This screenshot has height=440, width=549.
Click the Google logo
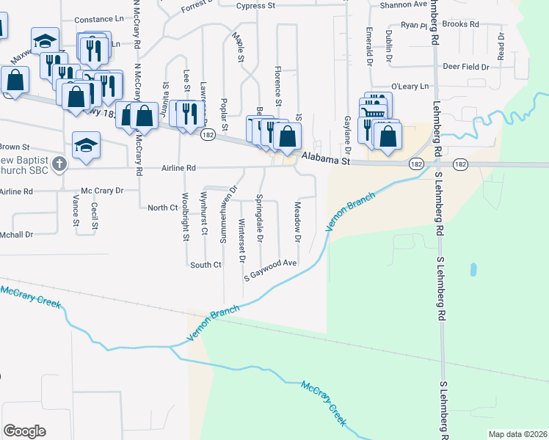click(24, 431)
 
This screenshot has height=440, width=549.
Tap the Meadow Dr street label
click(298, 223)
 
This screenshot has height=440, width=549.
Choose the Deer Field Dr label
click(465, 67)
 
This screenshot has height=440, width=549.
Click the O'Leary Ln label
click(410, 87)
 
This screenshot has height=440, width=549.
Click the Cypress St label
click(255, 6)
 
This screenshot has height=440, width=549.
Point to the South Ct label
click(206, 265)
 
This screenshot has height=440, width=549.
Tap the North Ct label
click(163, 208)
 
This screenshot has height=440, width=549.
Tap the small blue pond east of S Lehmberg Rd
click(473, 270)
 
